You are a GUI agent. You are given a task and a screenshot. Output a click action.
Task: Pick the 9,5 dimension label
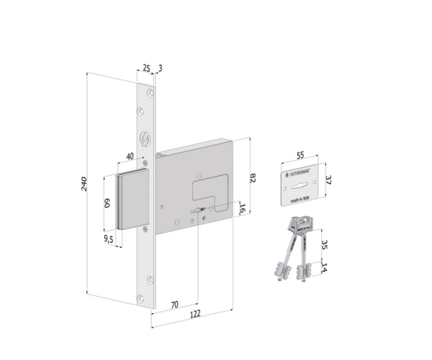[x=107, y=239]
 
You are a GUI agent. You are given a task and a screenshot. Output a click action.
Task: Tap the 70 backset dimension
[x=174, y=306]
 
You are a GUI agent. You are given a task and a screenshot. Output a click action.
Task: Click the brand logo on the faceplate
[x=146, y=138]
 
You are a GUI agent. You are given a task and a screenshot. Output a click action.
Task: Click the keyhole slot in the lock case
[x=196, y=212]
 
